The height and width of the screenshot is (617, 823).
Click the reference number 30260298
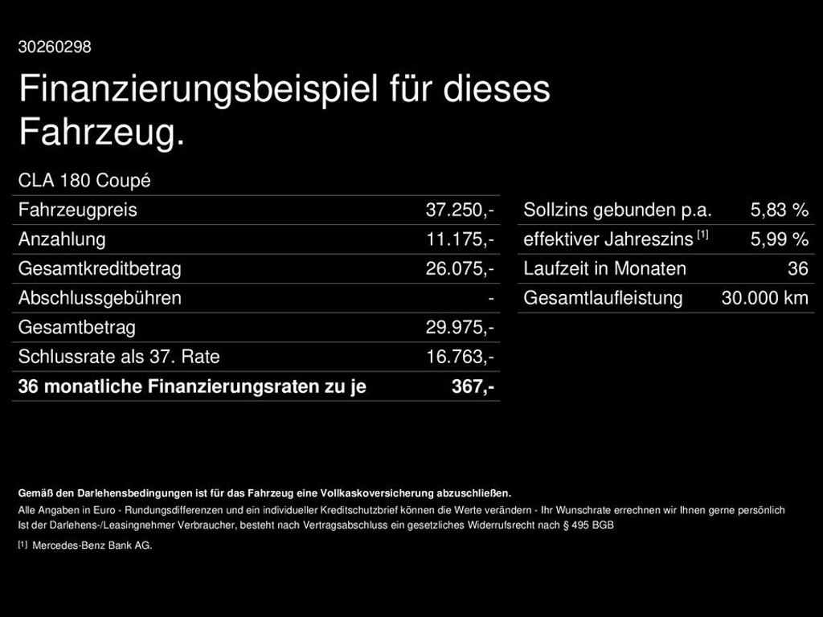point(55,47)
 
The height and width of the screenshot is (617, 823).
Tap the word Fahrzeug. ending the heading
point(102,133)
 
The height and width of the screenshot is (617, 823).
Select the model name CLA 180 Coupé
point(84,181)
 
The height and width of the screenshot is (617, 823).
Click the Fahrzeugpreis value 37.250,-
point(460,210)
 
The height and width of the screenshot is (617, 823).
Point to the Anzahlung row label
point(62,239)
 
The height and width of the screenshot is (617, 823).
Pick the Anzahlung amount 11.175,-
point(460,239)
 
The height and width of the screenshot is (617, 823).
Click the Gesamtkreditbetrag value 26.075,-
point(460,269)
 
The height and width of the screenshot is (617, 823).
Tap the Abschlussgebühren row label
point(100,298)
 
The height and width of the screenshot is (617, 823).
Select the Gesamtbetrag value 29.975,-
point(460,328)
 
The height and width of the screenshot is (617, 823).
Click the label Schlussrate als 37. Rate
point(119,357)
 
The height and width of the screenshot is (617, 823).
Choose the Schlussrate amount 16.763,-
point(460,357)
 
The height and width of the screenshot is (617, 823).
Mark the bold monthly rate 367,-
point(473,386)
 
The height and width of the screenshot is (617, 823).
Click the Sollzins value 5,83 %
point(779,210)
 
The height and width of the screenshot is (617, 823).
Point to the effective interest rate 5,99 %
point(779,239)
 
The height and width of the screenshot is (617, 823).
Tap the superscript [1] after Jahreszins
point(702,235)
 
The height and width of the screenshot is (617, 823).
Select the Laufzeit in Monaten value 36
point(797,269)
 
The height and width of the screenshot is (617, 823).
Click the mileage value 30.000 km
point(764,298)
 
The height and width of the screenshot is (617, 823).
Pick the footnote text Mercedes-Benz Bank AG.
point(92,545)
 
